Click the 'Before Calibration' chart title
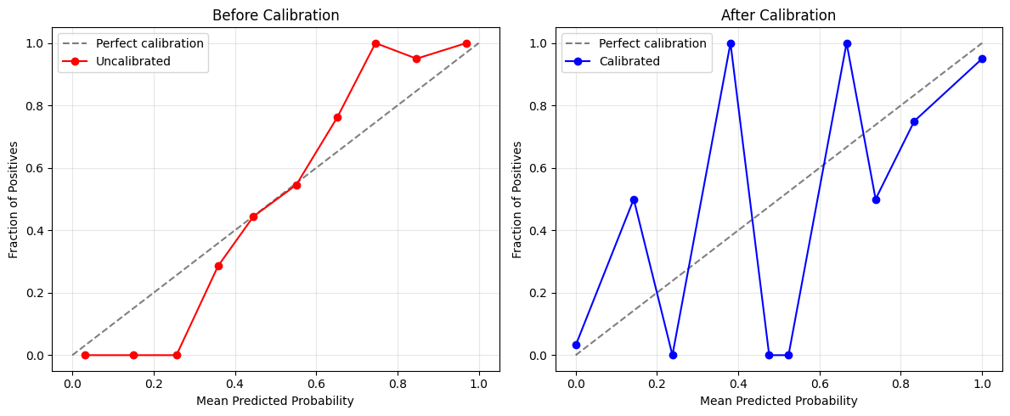(275, 15)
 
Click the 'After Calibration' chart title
(778, 15)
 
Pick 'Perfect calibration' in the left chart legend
(150, 43)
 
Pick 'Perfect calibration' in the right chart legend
(652, 43)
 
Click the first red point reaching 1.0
(375, 43)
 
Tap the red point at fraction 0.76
(337, 117)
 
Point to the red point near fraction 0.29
(218, 266)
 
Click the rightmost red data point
(466, 43)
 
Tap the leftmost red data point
(85, 355)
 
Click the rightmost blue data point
(982, 59)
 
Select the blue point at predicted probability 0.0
(576, 345)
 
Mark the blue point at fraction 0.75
(914, 121)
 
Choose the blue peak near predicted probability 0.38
(731, 43)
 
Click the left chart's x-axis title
(275, 401)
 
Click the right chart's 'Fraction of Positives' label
(517, 200)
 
